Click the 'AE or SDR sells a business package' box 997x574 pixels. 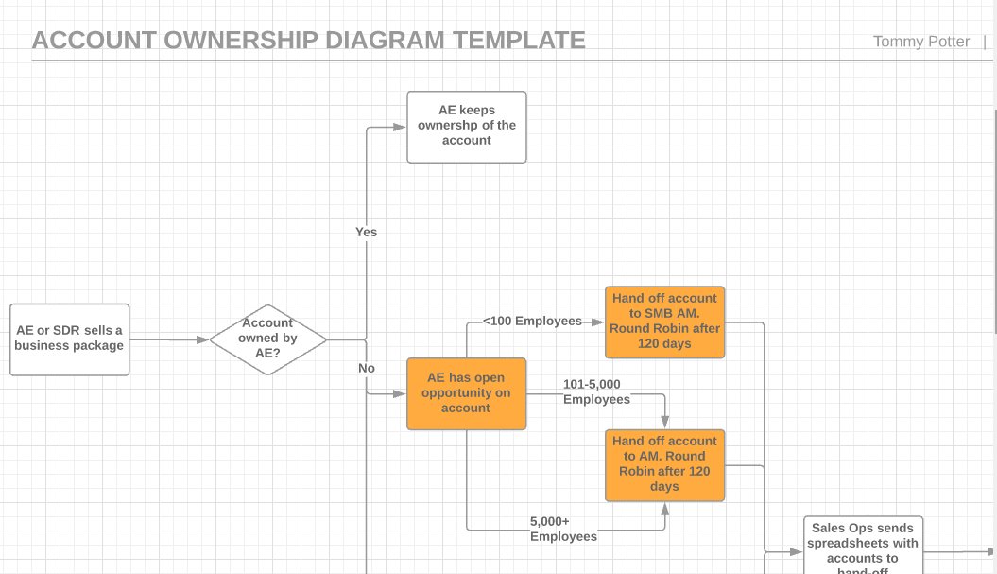[69, 339]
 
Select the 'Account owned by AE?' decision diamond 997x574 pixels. [267, 339]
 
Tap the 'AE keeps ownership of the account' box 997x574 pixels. [466, 127]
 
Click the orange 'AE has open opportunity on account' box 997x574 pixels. [466, 393]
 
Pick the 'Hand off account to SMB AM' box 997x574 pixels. [664, 322]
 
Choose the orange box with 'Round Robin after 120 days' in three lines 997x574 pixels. [664, 464]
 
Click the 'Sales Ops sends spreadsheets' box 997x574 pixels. [862, 546]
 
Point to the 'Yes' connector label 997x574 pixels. [366, 232]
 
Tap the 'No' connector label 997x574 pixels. [366, 368]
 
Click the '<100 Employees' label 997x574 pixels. [532, 322]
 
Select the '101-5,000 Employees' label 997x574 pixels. [596, 392]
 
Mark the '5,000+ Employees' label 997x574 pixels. [563, 529]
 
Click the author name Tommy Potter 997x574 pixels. [920, 42]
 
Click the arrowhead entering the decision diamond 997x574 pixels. [203, 339]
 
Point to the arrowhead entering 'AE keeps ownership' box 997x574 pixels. [401, 127]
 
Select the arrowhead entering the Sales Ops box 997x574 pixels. [798, 551]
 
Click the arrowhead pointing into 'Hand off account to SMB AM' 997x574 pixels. [598, 322]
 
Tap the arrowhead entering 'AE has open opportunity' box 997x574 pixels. [401, 393]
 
